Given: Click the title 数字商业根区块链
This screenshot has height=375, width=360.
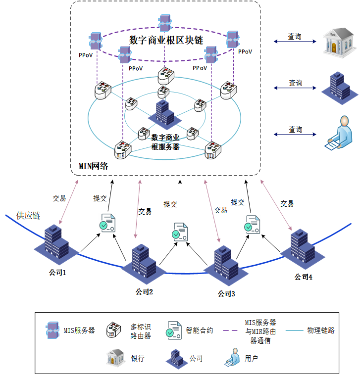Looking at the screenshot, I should tap(166, 40).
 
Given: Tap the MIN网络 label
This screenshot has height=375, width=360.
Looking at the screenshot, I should tap(93, 166).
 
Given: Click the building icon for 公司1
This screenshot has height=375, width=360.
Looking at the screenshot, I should tap(55, 243).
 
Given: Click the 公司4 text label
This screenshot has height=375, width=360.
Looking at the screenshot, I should tap(303, 277).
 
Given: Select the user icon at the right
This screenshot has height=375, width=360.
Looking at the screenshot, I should tap(338, 132).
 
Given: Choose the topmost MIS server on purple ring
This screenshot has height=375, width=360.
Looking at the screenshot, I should tap(165, 22).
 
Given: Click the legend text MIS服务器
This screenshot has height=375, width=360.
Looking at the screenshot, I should tap(79, 330).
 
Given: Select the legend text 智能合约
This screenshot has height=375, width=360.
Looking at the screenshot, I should tap(200, 330).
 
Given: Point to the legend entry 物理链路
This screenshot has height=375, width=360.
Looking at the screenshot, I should tap(320, 330).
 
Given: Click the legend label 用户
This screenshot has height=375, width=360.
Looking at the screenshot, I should tap(251, 358).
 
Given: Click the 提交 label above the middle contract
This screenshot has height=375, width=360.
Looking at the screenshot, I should tap(170, 203).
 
